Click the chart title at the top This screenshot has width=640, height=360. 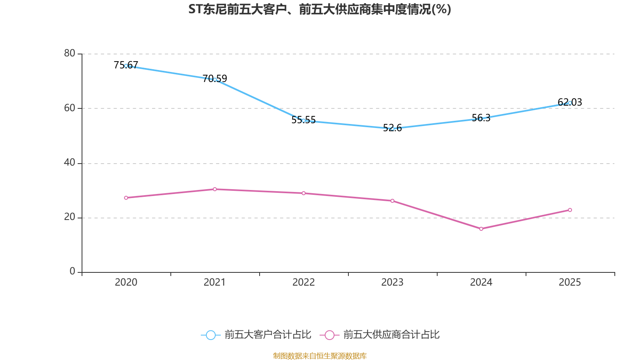[x=320, y=10]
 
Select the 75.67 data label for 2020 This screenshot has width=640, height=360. [x=126, y=65]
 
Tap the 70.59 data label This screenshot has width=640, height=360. [x=214, y=78]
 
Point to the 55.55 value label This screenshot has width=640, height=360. [x=304, y=120]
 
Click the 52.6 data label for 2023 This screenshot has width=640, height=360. [x=392, y=128]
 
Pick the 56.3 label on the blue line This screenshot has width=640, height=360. [x=481, y=118]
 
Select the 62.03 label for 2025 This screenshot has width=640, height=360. [x=570, y=102]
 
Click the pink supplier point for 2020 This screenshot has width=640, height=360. [x=126, y=198]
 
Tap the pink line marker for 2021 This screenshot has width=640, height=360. [x=215, y=189]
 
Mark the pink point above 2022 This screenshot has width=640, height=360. [x=304, y=193]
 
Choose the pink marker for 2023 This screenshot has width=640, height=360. [x=392, y=201]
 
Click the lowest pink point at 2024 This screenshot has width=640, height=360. [x=481, y=229]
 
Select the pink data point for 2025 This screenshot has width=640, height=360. [x=570, y=210]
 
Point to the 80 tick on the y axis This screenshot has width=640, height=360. [x=70, y=53]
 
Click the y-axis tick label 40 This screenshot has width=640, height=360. [x=70, y=162]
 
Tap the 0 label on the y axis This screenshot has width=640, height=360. [x=72, y=271]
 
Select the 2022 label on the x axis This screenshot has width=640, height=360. [x=304, y=282]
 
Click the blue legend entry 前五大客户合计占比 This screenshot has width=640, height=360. [x=256, y=335]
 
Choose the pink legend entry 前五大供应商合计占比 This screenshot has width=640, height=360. [x=380, y=335]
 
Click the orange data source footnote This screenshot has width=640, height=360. [x=320, y=356]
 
